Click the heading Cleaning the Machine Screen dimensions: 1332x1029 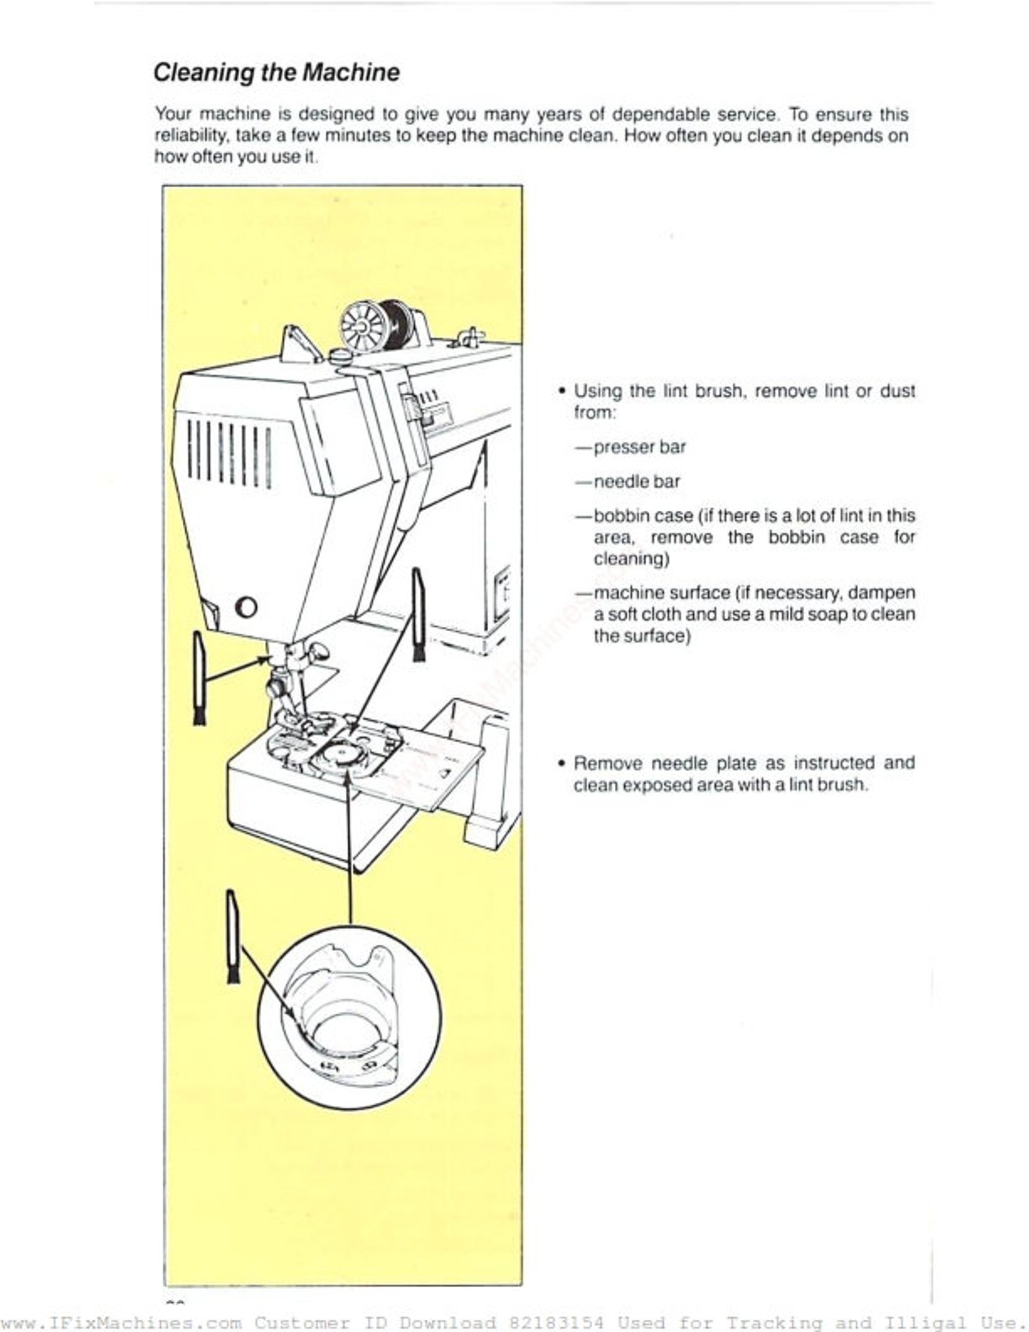(276, 72)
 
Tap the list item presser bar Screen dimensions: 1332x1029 (639, 447)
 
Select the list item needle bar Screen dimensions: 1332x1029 (636, 482)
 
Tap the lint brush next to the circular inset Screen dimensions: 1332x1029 (233, 937)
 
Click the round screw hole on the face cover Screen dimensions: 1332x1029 (247, 607)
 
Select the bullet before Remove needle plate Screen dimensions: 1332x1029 (562, 763)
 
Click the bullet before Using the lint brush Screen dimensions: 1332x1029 (562, 391)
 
